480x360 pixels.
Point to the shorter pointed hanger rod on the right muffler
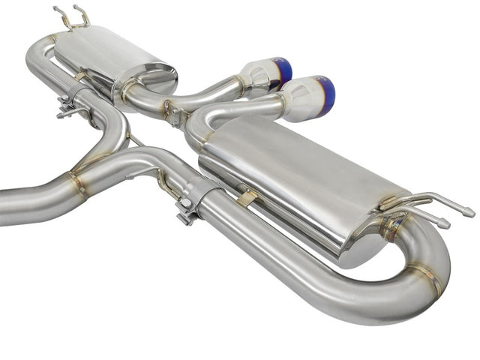(444, 223)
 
